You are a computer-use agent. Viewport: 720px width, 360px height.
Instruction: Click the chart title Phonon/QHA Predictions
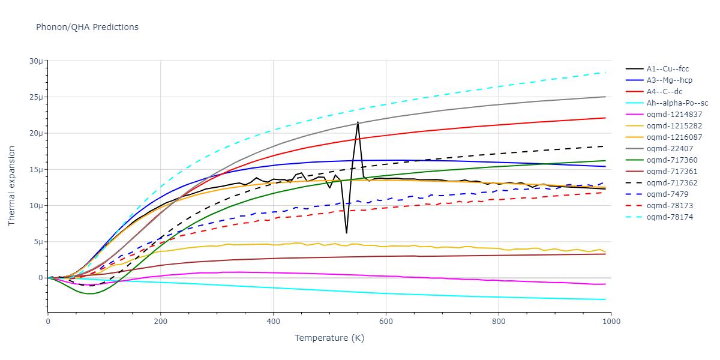point(87,27)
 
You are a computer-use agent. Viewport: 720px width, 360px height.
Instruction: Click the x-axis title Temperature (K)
point(329,338)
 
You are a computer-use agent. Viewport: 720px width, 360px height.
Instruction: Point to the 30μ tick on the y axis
point(35,61)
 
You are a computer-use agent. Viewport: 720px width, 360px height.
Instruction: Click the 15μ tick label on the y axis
point(35,170)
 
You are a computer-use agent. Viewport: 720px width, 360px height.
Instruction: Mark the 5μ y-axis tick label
point(38,242)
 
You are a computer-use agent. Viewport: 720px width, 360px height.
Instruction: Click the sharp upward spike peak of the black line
point(358,122)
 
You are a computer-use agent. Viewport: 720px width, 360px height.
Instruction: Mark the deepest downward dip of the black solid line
point(346,233)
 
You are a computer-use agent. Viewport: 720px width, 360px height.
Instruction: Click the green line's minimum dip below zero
point(89,294)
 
